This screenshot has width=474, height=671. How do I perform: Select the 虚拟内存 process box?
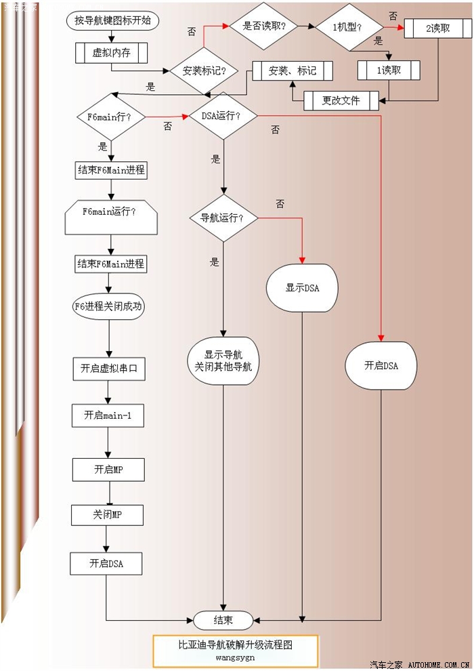tap(112, 53)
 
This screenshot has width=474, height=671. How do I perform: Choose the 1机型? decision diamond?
tap(348, 26)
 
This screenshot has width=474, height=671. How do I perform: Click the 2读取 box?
tap(437, 28)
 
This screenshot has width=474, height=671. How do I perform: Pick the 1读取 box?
tap(389, 70)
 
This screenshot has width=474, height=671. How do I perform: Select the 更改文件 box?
tap(341, 101)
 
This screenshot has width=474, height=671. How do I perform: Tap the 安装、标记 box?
tap(292, 70)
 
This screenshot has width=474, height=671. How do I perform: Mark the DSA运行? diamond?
tap(221, 116)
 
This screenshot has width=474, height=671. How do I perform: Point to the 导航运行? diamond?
tap(221, 218)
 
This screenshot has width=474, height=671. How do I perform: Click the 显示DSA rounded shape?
tap(302, 288)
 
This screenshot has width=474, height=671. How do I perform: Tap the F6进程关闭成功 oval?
tap(109, 306)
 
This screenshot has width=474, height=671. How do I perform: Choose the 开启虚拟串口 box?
tap(109, 369)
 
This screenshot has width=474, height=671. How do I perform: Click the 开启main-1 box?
tap(108, 415)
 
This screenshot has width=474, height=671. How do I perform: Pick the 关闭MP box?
tap(108, 515)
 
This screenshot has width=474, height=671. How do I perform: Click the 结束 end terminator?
tap(223, 619)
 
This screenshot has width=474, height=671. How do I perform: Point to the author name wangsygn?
tap(235, 657)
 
